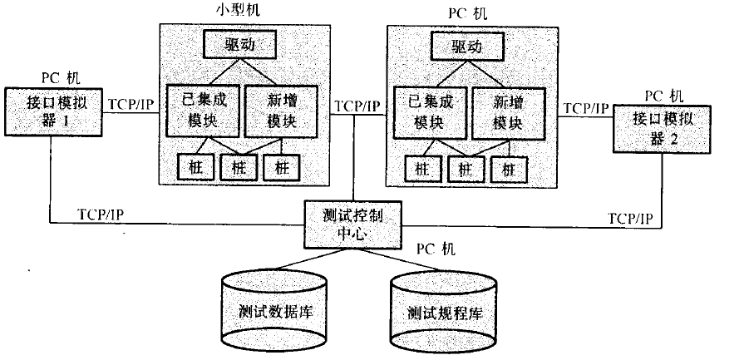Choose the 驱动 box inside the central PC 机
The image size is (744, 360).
click(469, 45)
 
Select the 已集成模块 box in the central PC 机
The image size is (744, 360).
click(429, 111)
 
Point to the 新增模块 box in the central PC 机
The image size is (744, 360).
click(508, 111)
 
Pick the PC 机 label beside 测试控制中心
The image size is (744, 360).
click(435, 249)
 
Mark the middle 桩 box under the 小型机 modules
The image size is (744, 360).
click(239, 167)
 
